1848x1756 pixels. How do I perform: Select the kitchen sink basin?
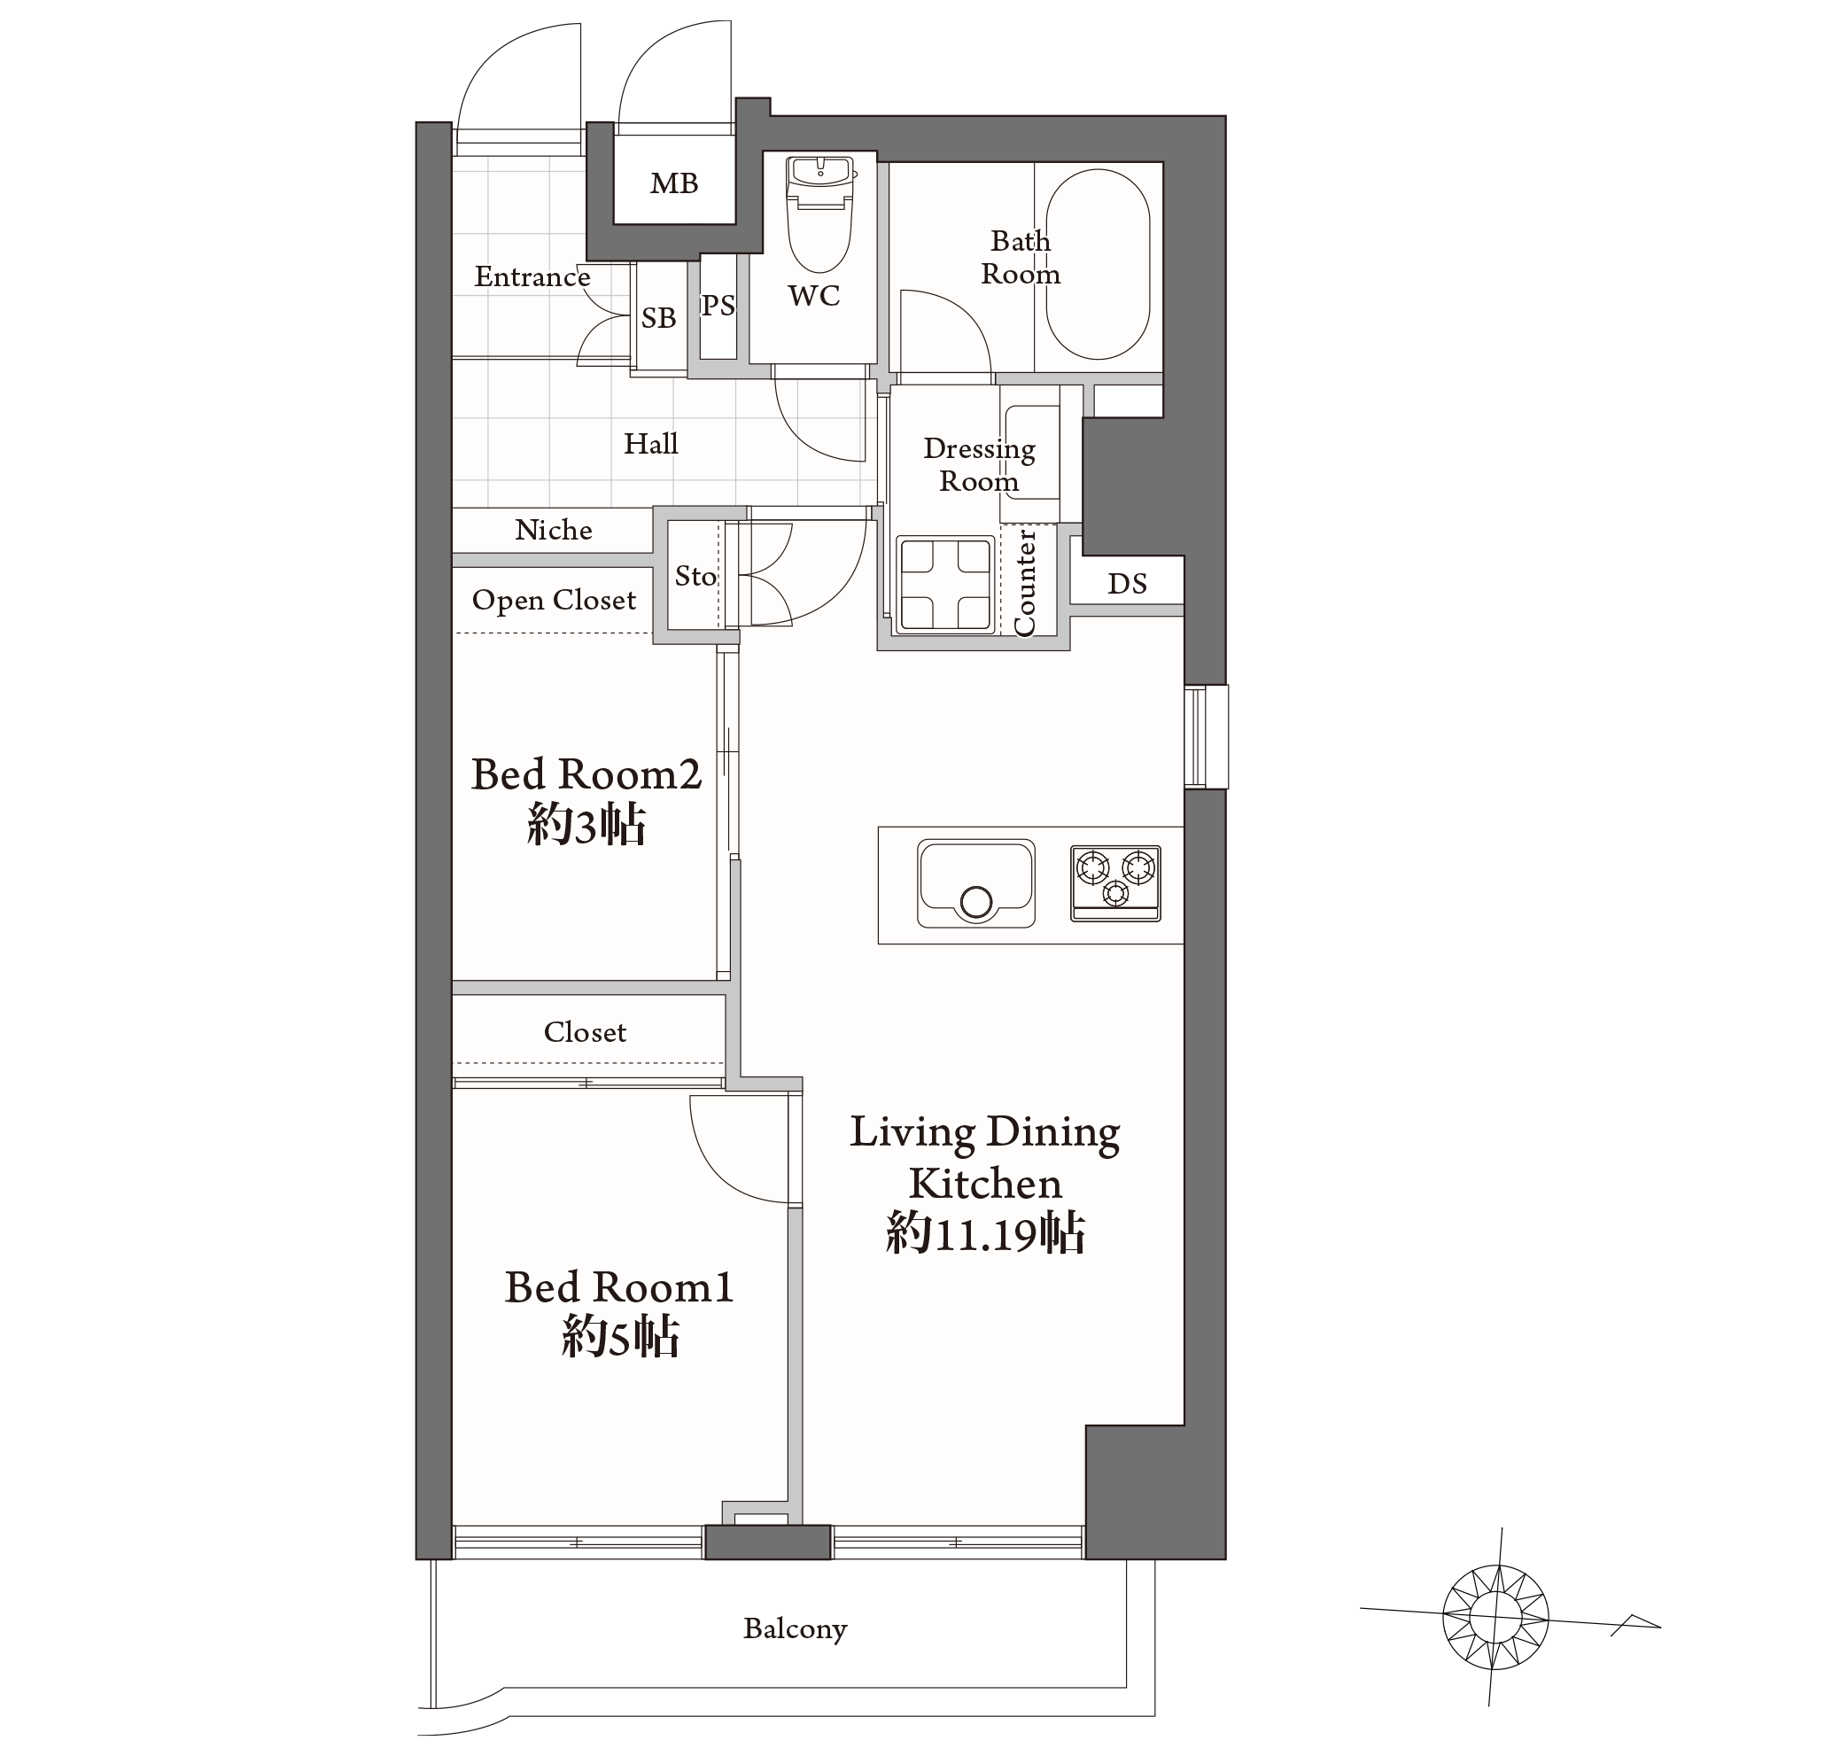pos(975,883)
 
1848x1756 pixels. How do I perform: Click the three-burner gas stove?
pos(1115,883)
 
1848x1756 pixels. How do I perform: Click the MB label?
pos(674,183)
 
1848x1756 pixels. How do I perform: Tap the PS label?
pos(718,305)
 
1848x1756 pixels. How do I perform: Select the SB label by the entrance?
pos(658,318)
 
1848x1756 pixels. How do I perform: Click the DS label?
pos(1126,584)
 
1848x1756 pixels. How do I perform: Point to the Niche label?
pos(554,530)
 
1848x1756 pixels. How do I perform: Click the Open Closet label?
pos(554,600)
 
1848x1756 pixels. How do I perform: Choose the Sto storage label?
pos(695,576)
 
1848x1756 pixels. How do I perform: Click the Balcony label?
pos(795,1628)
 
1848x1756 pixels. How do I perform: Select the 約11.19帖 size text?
pos(985,1232)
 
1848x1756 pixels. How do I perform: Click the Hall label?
pos(650,444)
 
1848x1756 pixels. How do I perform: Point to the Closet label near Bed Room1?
pos(585,1031)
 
